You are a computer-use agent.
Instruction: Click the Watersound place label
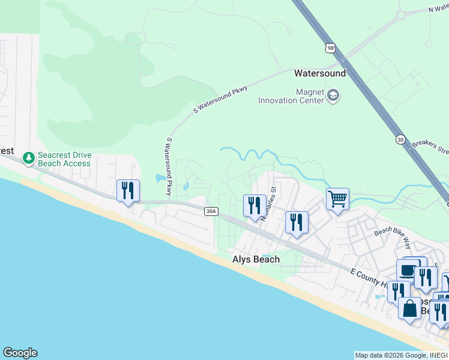tap(319, 73)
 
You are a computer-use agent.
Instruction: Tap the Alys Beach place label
tap(256, 259)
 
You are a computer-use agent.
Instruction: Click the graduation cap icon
tap(333, 95)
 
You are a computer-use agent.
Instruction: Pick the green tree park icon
tap(28, 158)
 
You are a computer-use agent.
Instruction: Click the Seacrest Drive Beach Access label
tap(65, 159)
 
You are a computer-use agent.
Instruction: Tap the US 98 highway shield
tap(330, 48)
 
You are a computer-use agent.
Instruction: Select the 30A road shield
tap(210, 211)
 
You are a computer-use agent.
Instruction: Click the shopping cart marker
tap(338, 199)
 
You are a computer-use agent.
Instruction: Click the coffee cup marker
tap(408, 269)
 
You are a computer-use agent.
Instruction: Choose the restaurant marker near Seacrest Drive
tap(128, 190)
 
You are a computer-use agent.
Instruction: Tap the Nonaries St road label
tap(268, 204)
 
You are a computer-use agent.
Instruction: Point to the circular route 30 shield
tap(400, 139)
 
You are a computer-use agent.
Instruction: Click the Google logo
tap(20, 353)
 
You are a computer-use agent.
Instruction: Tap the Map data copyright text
tap(401, 355)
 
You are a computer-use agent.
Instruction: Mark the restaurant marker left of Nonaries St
tap(254, 205)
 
